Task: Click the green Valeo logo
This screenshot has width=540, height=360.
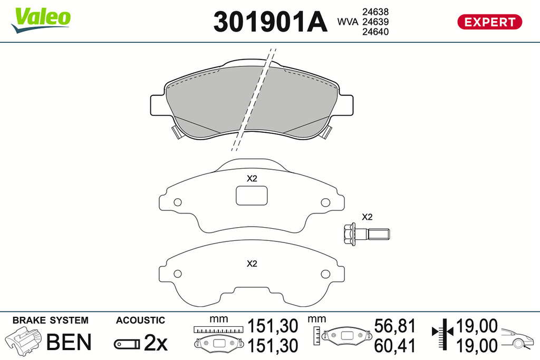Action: pyautogui.click(x=41, y=20)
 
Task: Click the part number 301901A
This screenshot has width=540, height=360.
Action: pyautogui.click(x=270, y=22)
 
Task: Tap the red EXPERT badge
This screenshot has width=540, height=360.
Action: pyautogui.click(x=489, y=22)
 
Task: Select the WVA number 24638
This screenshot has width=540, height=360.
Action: pyautogui.click(x=375, y=12)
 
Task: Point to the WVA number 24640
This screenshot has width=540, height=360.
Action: pyautogui.click(x=375, y=32)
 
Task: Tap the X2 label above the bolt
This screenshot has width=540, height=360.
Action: pyautogui.click(x=367, y=217)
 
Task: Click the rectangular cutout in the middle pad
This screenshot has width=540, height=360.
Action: pyautogui.click(x=252, y=195)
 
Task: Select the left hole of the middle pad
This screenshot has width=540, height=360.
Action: pyautogui.click(x=177, y=202)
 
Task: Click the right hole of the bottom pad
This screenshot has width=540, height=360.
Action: pyautogui.click(x=325, y=274)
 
